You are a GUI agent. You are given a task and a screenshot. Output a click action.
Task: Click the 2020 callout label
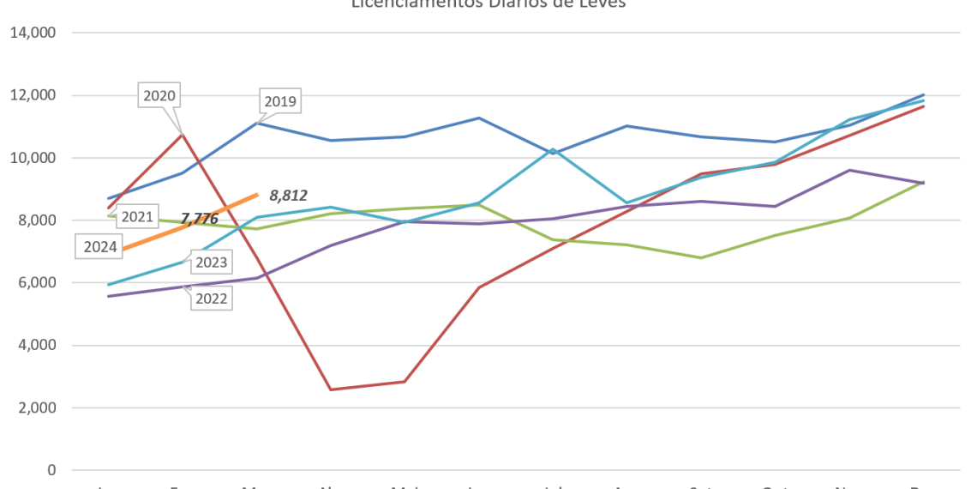(159, 96)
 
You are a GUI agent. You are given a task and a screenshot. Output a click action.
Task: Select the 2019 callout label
(280, 102)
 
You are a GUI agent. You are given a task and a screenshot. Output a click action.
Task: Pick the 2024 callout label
(101, 248)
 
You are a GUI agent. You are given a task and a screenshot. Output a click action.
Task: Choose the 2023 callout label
(211, 263)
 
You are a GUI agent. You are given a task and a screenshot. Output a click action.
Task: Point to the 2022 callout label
(211, 299)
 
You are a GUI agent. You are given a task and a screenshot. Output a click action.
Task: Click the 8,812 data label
(288, 196)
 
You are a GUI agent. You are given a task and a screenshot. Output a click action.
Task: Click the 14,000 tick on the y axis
(33, 33)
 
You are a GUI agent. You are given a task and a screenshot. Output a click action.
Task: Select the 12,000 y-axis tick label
(33, 95)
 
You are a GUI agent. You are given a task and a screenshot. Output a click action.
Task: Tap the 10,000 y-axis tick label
(33, 158)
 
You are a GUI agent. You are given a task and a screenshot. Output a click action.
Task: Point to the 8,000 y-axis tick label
(37, 220)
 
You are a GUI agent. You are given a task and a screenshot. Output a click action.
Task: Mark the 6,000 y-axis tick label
(37, 283)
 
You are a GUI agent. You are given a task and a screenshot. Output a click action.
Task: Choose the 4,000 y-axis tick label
(37, 345)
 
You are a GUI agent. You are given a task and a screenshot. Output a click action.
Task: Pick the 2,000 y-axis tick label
(37, 407)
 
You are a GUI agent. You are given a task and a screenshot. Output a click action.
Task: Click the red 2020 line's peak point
(182, 134)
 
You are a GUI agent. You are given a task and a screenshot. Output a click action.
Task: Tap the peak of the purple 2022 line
(848, 169)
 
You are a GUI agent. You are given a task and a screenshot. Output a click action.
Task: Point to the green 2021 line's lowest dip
(701, 257)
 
